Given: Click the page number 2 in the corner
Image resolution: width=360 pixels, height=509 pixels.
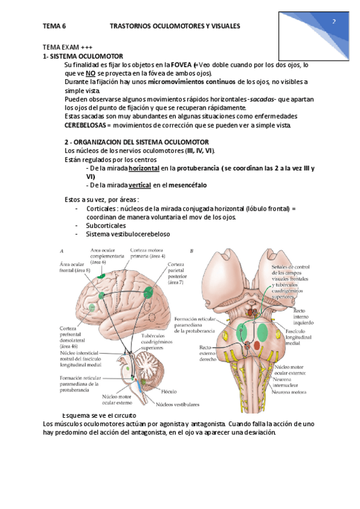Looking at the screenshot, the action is click(334, 21).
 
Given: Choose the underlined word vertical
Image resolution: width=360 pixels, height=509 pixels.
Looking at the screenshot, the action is click(139, 185).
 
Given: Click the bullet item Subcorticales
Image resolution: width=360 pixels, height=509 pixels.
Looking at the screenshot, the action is click(106, 225).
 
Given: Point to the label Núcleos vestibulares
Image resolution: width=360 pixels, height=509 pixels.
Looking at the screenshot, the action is click(178, 404).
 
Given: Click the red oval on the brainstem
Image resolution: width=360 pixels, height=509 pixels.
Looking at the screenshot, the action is click(257, 346).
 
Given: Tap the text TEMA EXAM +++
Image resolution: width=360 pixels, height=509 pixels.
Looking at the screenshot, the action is click(67, 47).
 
